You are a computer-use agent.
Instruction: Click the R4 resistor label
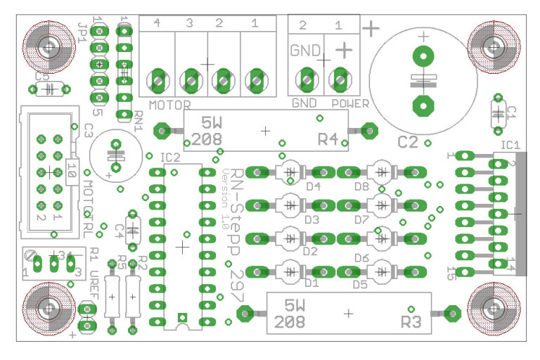click(x=328, y=139)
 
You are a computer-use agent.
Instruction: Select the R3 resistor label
click(x=411, y=322)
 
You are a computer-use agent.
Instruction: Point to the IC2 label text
click(x=170, y=157)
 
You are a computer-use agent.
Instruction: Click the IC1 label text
click(x=510, y=145)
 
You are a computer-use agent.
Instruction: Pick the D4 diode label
click(x=313, y=186)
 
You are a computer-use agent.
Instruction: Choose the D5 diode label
click(x=360, y=285)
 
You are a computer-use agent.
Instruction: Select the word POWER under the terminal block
click(x=350, y=103)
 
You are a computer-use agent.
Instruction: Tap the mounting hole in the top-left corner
click(x=48, y=48)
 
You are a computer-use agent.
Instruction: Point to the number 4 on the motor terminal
click(x=156, y=24)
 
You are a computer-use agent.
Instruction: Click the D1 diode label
click(x=311, y=284)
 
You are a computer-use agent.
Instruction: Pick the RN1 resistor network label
click(x=136, y=122)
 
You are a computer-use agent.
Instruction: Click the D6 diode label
click(x=361, y=258)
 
